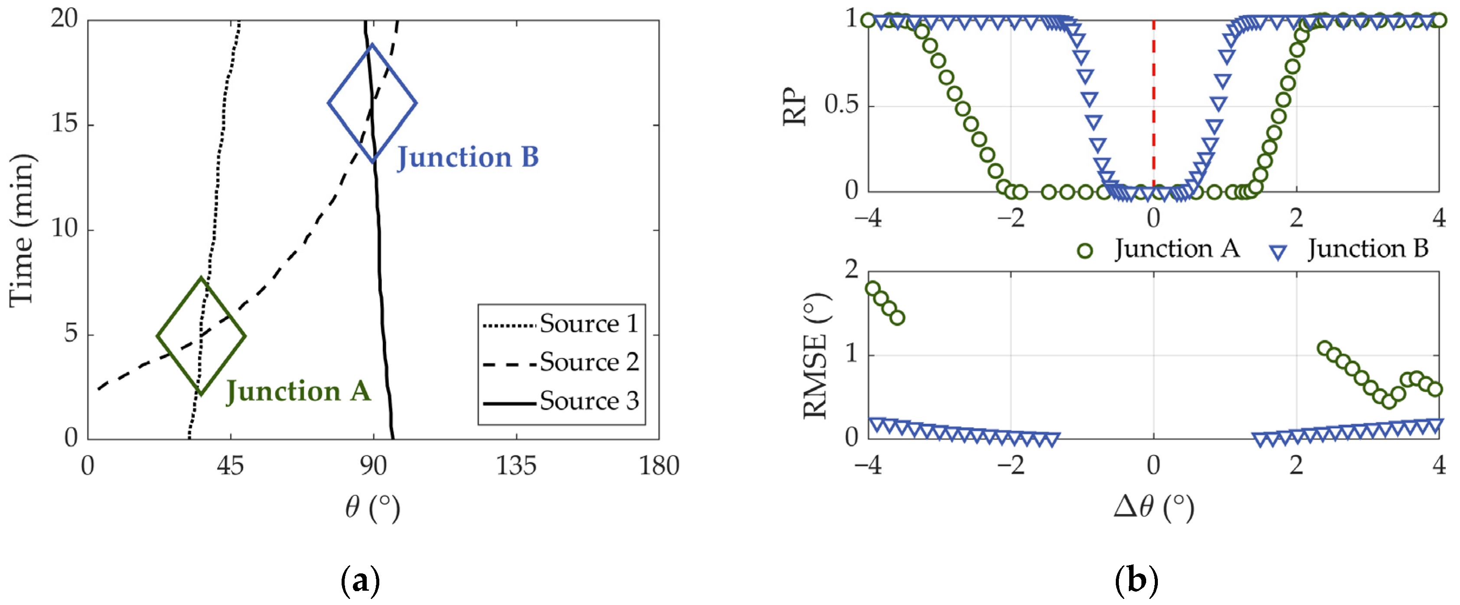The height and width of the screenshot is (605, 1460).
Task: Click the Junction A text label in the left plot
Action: [298, 391]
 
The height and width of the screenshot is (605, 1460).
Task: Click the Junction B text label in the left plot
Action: [468, 157]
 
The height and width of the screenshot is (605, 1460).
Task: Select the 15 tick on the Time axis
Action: [65, 124]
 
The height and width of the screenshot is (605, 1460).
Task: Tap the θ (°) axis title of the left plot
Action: [372, 507]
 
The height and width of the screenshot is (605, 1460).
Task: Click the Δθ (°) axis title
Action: [1154, 507]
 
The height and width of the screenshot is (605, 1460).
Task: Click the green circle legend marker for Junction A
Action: [1085, 251]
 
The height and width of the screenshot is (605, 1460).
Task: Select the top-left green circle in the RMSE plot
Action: [872, 288]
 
